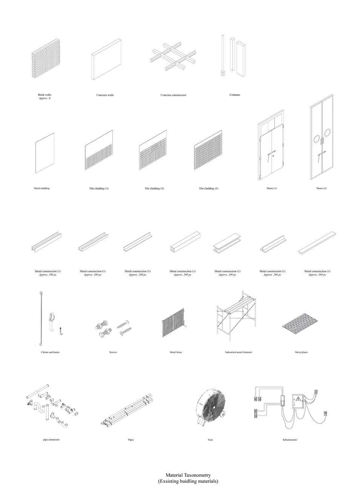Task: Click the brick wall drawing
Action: [x=45, y=58]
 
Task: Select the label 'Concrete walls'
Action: [x=105, y=95]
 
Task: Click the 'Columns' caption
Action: [x=234, y=95]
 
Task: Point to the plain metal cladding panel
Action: [x=45, y=153]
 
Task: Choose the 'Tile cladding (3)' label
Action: [x=208, y=188]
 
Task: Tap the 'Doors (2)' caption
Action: [x=322, y=188]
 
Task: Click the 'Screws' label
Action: [x=113, y=352]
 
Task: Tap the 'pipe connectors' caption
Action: [x=51, y=440]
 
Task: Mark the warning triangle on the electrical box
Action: [x=298, y=399]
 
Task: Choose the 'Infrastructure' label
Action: [x=290, y=440]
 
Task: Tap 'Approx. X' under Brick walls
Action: [x=45, y=98]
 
